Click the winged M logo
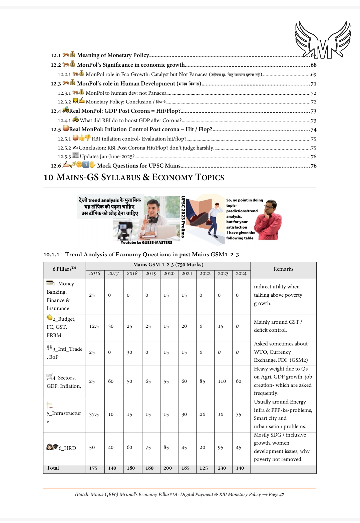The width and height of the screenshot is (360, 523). [x=322, y=40]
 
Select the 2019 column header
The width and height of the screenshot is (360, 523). [x=151, y=273]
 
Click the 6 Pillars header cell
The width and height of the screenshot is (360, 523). [x=64, y=269]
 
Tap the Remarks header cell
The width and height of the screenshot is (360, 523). [x=283, y=269]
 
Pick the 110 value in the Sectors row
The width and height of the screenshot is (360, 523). [x=222, y=381]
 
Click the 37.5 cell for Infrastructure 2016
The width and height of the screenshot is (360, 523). [x=94, y=415]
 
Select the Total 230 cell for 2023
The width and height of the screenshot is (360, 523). [x=222, y=468]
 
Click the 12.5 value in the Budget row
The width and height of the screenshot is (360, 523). [x=94, y=326]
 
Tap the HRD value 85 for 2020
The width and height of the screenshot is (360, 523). [x=166, y=448]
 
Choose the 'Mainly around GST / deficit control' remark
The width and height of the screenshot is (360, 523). [x=278, y=326]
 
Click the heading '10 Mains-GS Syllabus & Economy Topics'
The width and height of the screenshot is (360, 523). [x=134, y=177]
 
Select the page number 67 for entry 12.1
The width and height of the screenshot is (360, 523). [x=313, y=55]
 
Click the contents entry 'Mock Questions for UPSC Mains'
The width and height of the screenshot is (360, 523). [x=138, y=166]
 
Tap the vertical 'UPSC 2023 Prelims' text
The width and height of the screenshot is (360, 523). [x=183, y=217]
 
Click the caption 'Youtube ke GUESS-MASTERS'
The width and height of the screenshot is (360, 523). [x=146, y=243]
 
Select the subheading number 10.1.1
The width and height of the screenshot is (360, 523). [x=51, y=255]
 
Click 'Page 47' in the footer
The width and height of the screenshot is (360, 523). [x=276, y=495]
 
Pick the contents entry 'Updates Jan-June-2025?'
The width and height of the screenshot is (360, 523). [x=107, y=157]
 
